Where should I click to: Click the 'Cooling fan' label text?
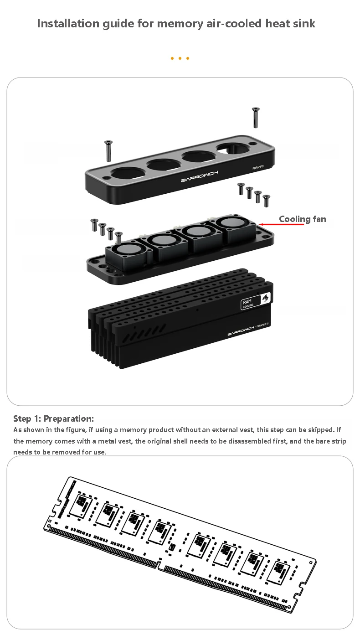pos(303,219)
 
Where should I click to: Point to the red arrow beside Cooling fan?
pos(282,224)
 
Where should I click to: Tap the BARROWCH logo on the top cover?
pos(200,176)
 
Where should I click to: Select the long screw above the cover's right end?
pos(256,117)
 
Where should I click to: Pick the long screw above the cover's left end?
pos(108,151)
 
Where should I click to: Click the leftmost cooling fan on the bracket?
pos(127,254)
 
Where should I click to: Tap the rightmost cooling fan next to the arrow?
pos(234,229)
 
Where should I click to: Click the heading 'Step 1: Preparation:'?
pos(53,419)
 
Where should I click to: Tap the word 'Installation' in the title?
pos(68,24)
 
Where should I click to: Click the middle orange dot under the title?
pos(180,58)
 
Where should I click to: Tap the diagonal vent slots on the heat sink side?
pos(144,332)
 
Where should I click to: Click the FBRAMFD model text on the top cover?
pos(258,168)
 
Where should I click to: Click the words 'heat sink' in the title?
pos(290,24)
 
